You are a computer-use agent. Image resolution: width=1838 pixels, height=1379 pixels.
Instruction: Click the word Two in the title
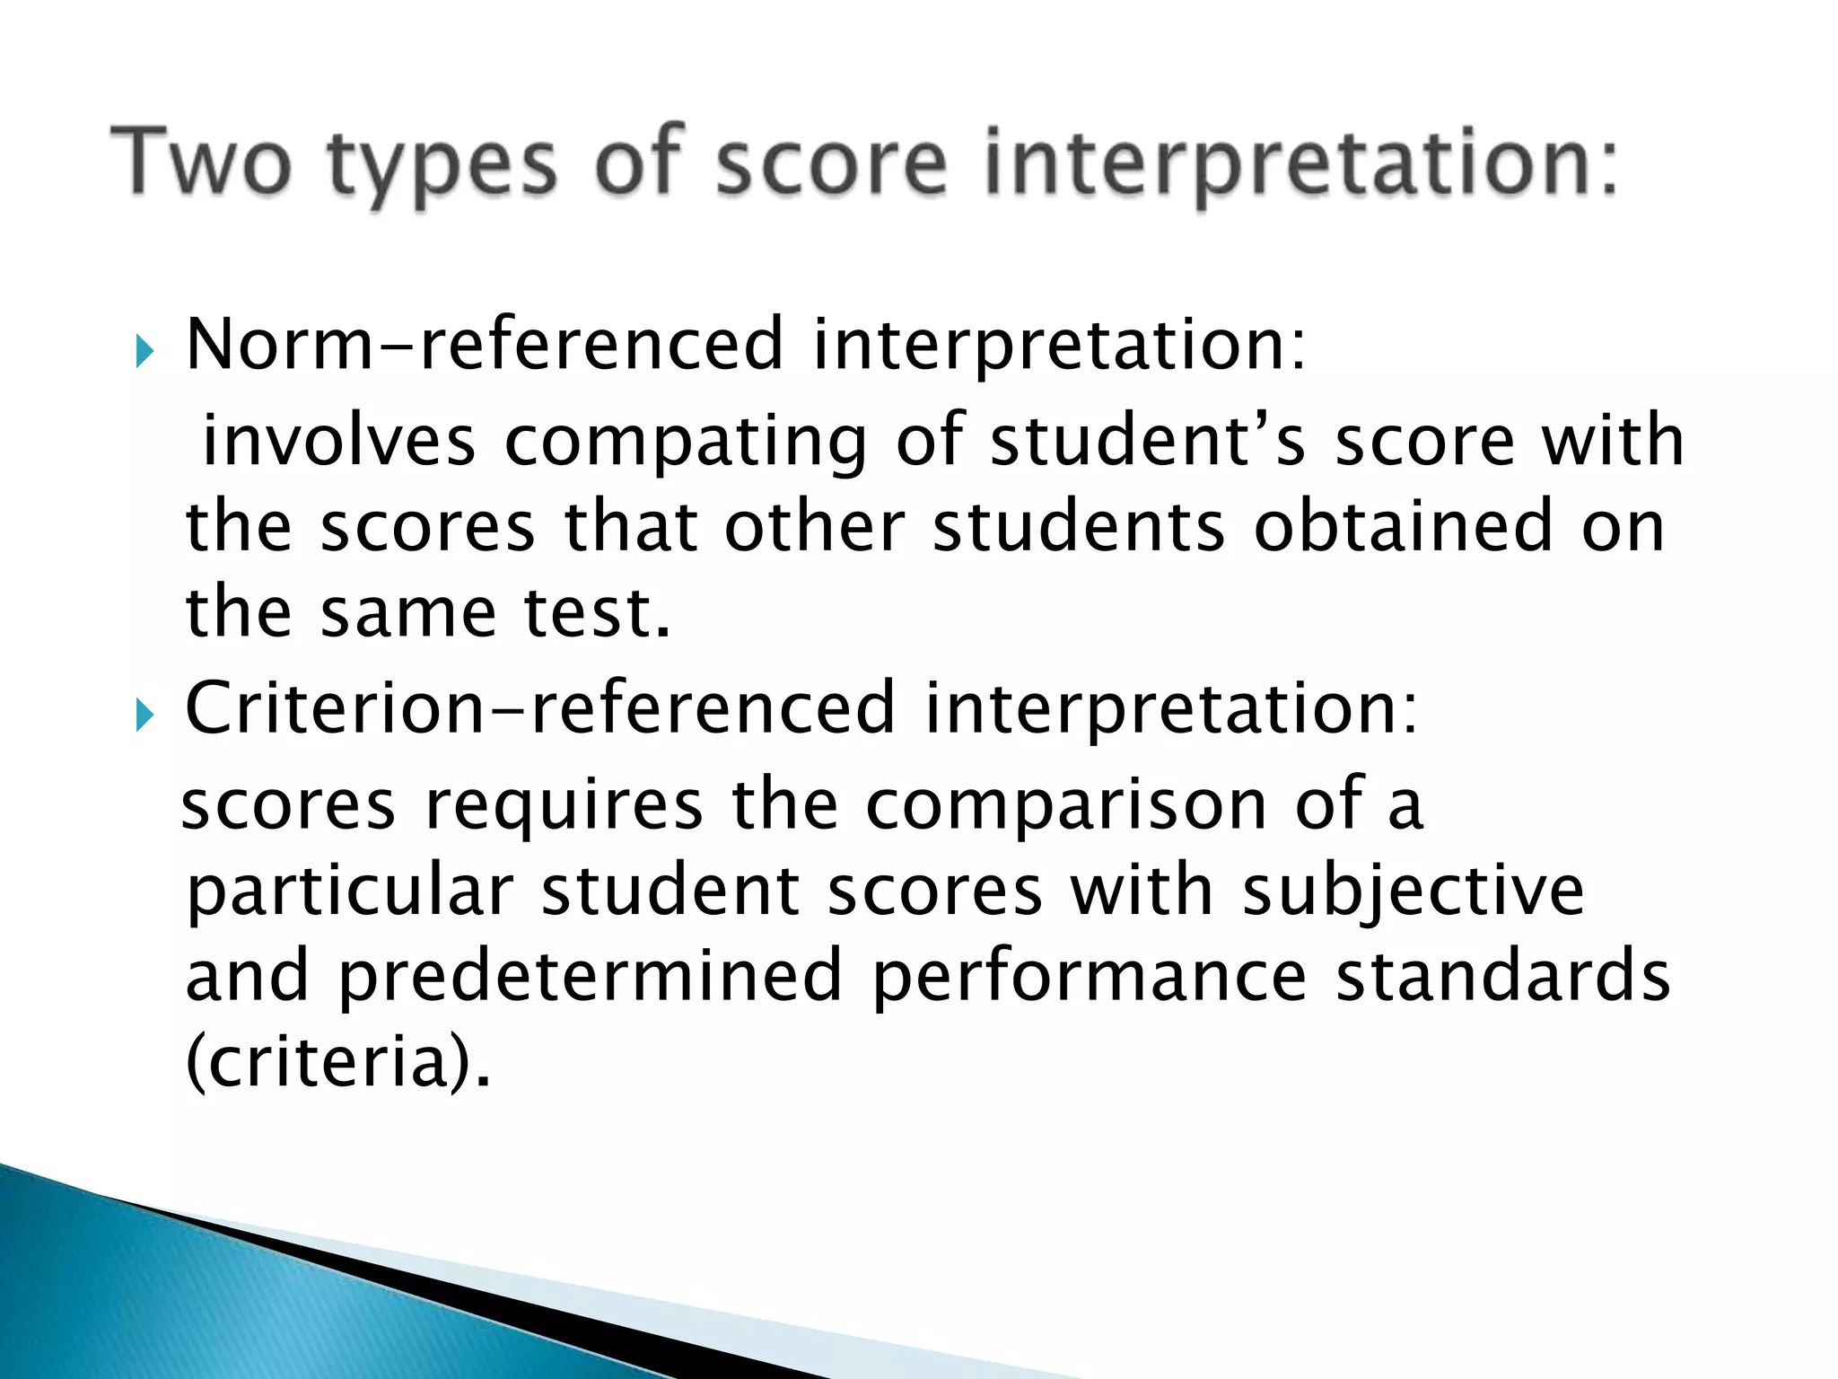[203, 162]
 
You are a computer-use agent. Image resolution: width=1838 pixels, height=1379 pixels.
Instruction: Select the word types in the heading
[442, 166]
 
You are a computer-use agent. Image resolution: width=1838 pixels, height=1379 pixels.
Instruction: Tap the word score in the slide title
[831, 162]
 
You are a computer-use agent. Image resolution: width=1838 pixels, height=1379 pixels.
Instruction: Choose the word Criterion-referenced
[539, 708]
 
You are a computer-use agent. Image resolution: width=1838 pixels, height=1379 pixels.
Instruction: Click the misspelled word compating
[686, 441]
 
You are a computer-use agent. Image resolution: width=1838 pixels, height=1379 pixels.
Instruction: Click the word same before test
[408, 614]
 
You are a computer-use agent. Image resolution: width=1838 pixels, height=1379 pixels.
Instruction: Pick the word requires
[564, 805]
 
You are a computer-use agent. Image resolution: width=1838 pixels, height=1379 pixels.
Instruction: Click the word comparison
[1065, 805]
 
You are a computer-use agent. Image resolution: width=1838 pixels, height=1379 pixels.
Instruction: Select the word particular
[349, 892]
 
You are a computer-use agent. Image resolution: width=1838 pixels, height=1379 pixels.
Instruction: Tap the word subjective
[1413, 892]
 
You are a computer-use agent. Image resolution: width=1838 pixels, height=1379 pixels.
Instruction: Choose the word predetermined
[591, 977]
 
